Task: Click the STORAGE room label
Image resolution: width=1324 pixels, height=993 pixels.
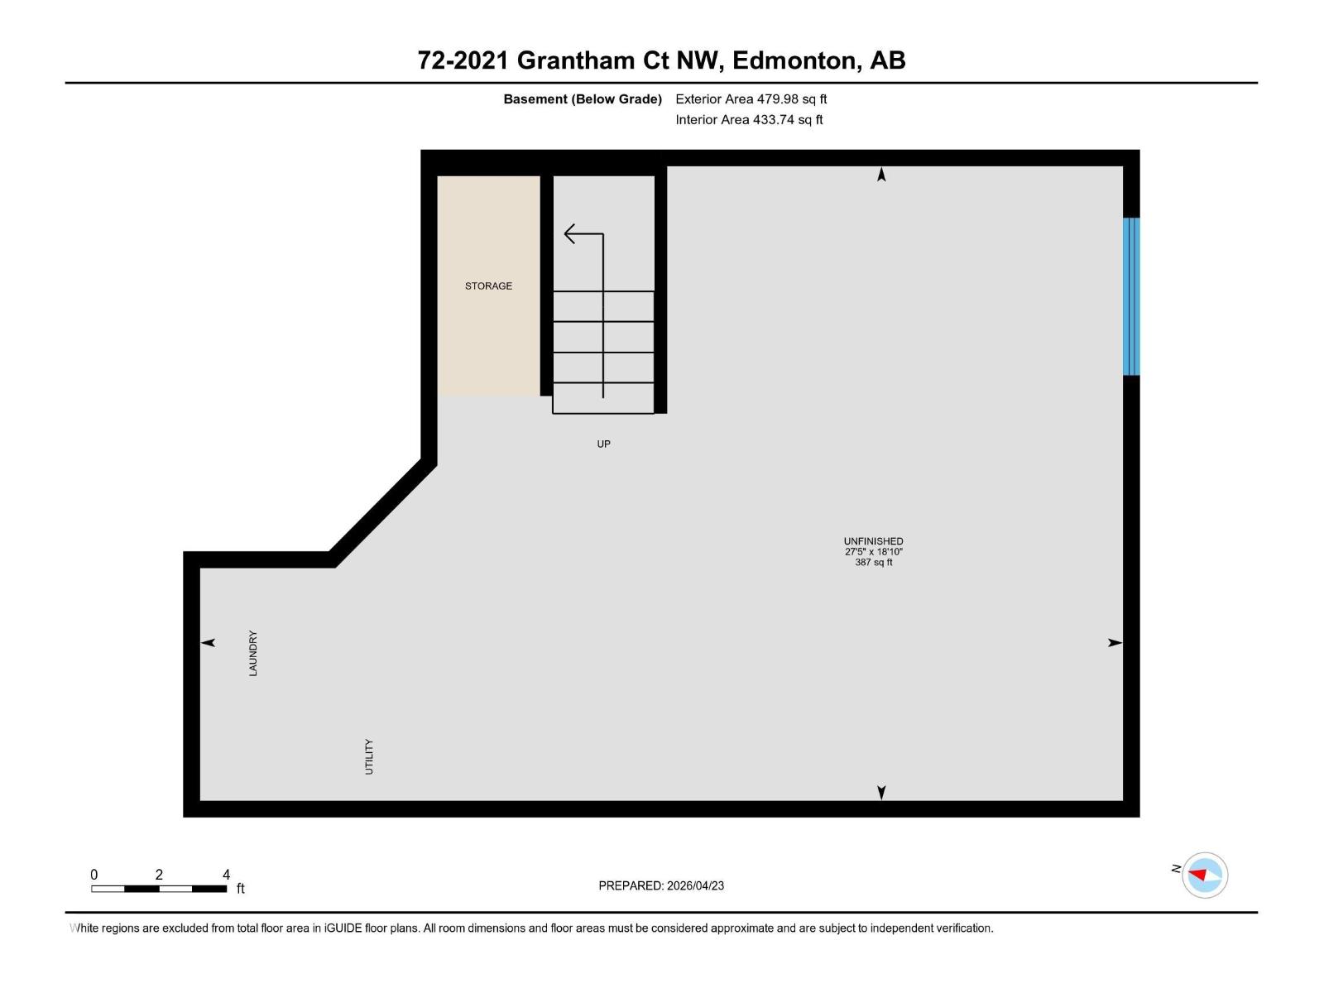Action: [488, 286]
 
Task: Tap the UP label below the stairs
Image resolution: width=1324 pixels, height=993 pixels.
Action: [604, 444]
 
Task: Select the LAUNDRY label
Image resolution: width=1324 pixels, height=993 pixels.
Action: [253, 654]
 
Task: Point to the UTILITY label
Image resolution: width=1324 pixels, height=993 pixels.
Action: [369, 757]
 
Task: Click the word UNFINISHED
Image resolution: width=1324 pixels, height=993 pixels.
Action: [873, 541]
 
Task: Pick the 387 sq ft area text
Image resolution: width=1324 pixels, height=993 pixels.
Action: [873, 563]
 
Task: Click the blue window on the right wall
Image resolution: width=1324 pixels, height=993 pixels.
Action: [1131, 296]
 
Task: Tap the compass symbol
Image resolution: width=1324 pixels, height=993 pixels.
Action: [1204, 875]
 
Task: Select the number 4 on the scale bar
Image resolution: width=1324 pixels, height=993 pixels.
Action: [226, 875]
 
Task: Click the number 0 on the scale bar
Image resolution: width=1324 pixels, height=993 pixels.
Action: [94, 875]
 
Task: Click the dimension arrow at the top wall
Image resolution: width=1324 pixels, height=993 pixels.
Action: [881, 175]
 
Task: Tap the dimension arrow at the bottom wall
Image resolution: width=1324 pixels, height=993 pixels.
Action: [881, 793]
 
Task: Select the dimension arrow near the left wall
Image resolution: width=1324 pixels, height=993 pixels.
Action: [208, 643]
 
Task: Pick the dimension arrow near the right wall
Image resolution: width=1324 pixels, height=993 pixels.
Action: [1115, 643]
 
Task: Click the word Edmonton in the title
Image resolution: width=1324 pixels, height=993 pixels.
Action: [795, 60]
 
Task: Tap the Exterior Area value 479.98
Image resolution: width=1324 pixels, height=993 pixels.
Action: [778, 99]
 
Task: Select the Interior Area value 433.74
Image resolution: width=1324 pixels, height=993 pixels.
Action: [773, 120]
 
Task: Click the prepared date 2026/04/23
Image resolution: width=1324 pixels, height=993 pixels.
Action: [695, 885]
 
